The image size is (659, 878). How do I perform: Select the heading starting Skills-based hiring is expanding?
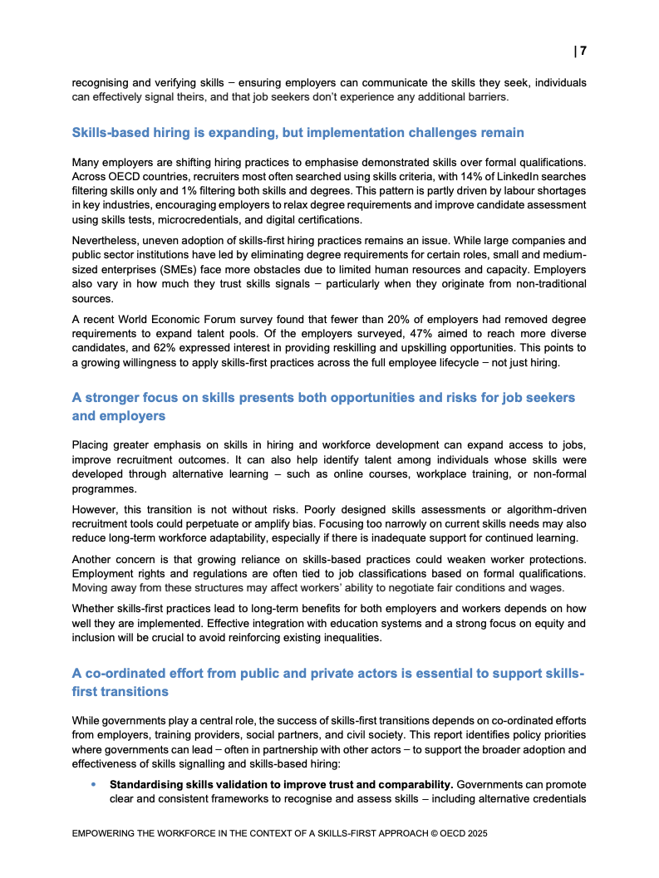point(298,133)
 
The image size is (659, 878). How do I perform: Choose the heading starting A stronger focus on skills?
point(323,398)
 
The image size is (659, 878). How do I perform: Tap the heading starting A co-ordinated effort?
point(327,674)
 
